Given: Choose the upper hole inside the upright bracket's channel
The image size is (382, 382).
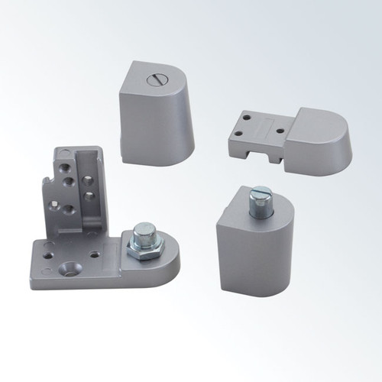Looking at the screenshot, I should (89, 180).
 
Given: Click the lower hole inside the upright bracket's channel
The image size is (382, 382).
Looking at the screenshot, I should (89, 196).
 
